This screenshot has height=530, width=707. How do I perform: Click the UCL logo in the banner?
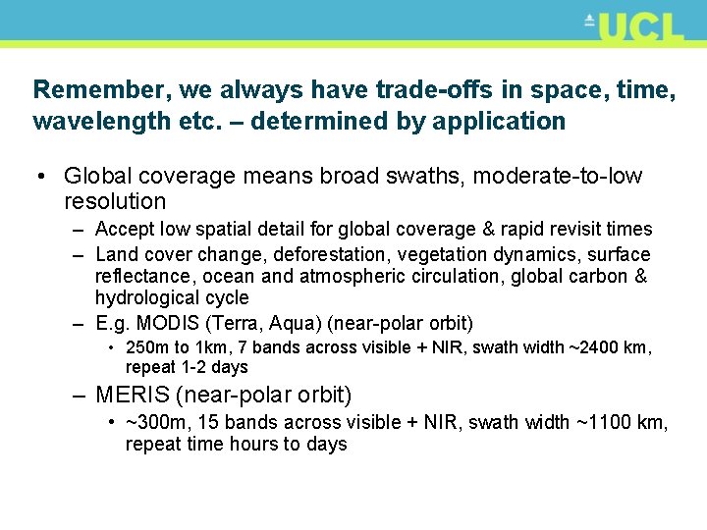[634, 26]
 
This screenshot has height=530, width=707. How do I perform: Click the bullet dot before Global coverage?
[42, 177]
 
